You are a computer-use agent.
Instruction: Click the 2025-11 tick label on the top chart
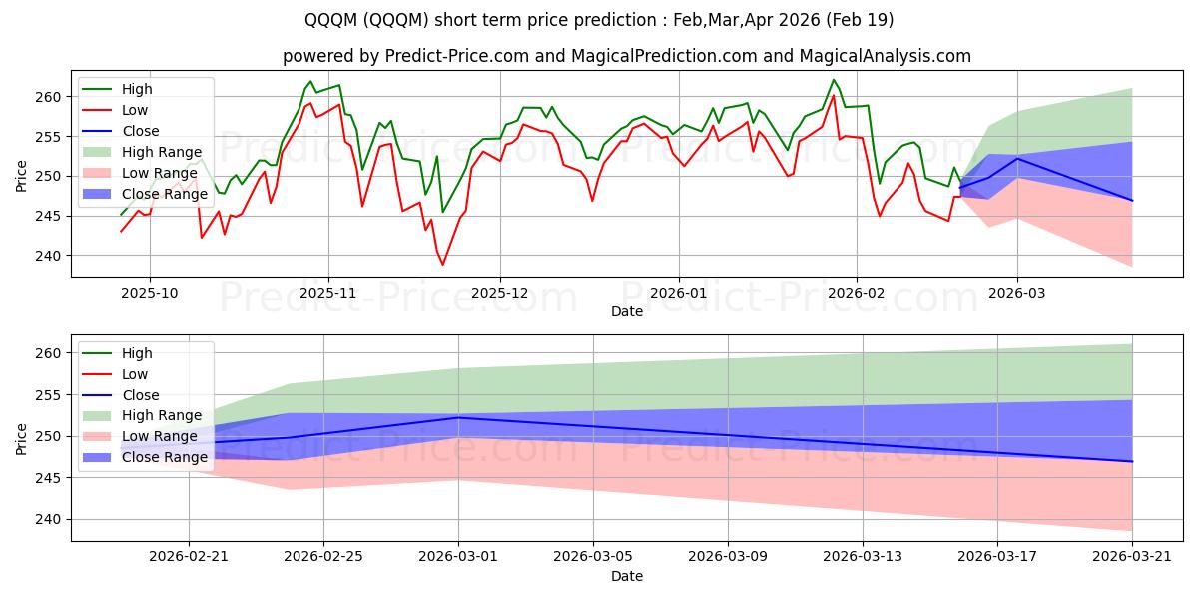327,294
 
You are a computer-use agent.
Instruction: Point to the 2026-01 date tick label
678,294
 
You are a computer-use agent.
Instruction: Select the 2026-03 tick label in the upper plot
1016,294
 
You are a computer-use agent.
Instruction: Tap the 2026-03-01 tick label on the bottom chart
458,557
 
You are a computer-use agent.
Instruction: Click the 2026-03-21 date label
1132,557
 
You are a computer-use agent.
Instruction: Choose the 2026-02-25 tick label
323,557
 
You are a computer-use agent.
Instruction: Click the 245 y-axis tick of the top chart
48,216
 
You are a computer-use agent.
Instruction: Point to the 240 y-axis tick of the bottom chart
48,520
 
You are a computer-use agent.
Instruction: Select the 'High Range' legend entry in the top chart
142,152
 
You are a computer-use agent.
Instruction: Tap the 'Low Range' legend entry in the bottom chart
140,436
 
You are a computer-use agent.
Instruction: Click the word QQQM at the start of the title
331,20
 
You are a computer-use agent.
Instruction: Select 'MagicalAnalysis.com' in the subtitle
885,56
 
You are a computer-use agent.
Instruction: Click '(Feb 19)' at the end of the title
860,20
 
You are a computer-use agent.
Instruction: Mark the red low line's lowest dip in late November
442,265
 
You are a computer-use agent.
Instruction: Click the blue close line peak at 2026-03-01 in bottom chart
458,417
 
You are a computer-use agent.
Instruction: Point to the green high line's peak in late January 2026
834,80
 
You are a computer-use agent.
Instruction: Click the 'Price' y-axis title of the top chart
21,176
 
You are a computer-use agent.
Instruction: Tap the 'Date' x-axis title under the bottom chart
627,576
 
